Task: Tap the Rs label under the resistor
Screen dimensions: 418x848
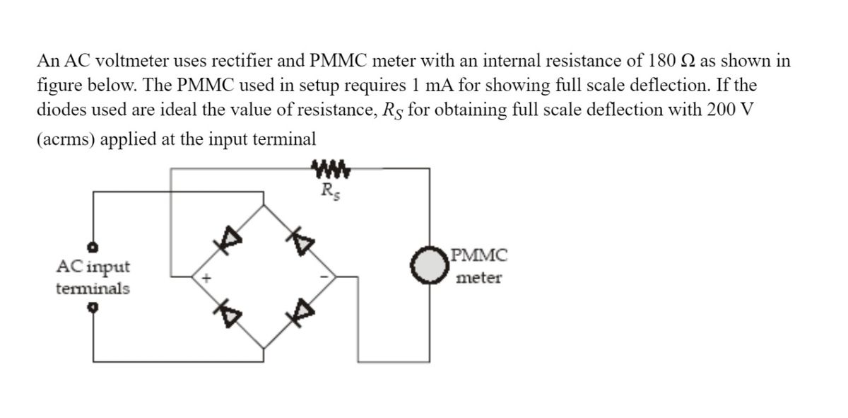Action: click(329, 190)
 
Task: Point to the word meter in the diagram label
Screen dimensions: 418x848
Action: click(478, 278)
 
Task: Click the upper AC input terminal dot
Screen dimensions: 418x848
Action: click(93, 247)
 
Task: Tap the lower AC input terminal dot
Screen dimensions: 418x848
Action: click(93, 308)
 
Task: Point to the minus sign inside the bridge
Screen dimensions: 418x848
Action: click(325, 277)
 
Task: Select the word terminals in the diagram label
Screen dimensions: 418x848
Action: click(93, 289)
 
